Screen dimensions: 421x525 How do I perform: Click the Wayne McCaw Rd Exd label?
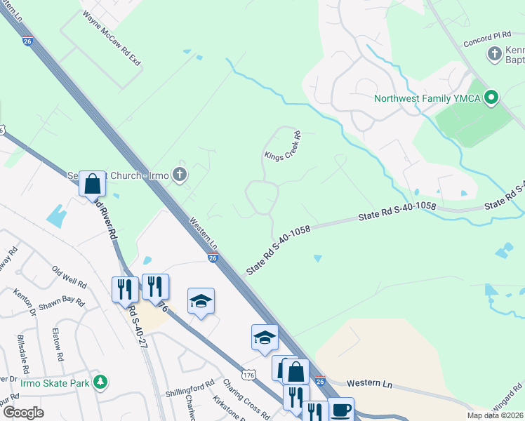pyautogui.click(x=112, y=39)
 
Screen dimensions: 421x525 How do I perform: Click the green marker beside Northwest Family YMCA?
pyautogui.click(x=491, y=98)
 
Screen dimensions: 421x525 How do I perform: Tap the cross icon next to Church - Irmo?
pyautogui.click(x=180, y=175)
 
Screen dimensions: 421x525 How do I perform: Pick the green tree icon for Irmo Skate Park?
pyautogui.click(x=102, y=382)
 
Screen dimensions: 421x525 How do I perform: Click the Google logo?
pyautogui.click(x=23, y=413)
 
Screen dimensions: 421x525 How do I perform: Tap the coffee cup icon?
pyautogui.click(x=341, y=410)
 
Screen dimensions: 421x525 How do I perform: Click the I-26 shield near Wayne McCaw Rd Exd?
pyautogui.click(x=27, y=41)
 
